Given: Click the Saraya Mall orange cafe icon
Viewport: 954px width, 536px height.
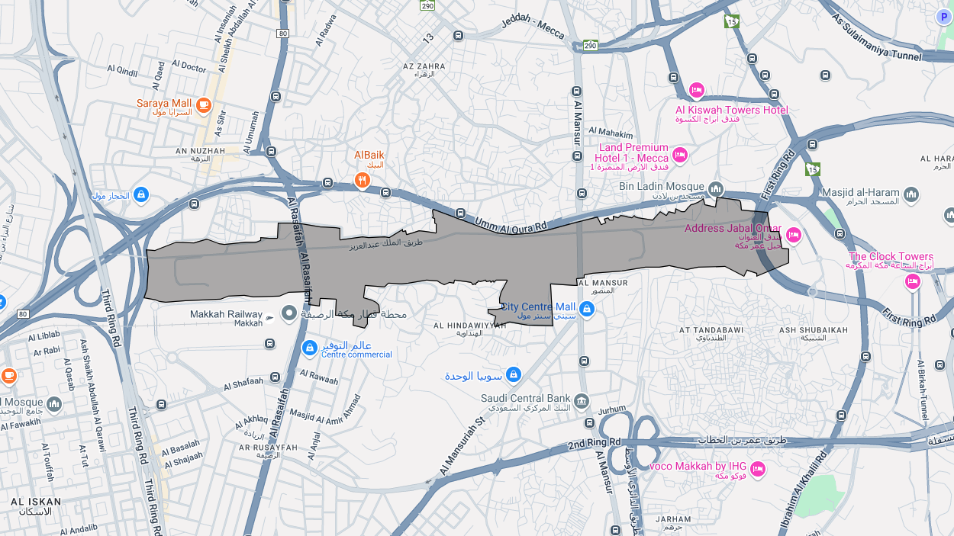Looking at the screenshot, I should [203, 105].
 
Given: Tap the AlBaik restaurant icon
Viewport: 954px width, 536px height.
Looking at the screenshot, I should [363, 181].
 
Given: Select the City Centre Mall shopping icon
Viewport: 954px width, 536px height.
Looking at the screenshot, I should [586, 309].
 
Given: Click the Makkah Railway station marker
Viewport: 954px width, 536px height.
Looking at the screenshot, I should [289, 313].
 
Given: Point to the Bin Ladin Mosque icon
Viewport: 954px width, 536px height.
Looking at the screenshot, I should [715, 188].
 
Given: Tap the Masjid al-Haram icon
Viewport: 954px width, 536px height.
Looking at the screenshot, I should [911, 195].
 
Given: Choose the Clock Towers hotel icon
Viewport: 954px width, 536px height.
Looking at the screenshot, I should [912, 282].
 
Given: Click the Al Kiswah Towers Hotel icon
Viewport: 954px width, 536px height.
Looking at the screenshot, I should [696, 91].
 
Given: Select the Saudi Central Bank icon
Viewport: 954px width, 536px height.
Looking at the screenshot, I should [582, 401].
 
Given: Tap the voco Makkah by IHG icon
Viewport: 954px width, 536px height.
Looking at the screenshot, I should [757, 469].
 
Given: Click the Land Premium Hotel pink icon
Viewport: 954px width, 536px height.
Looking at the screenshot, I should [680, 156].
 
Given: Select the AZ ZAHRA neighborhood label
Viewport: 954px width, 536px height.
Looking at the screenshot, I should [424, 66].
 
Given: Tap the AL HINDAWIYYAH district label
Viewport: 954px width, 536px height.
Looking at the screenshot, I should [469, 325].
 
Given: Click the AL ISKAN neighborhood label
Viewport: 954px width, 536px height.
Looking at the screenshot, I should [36, 502].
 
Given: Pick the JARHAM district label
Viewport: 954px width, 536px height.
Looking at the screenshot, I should [672, 519].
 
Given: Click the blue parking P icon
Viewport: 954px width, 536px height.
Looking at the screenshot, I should [944, 16].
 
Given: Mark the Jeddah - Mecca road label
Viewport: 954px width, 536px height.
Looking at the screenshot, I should [533, 28].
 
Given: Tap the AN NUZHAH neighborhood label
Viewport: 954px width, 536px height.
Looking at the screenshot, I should [201, 151].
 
